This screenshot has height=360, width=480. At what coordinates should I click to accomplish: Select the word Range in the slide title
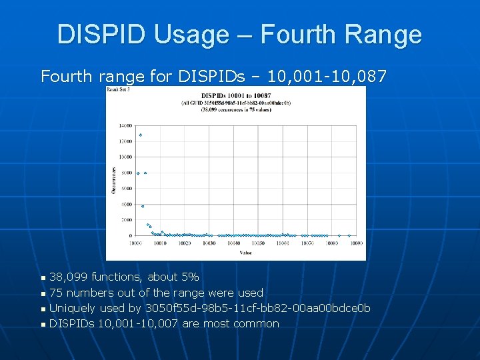[x=387, y=34]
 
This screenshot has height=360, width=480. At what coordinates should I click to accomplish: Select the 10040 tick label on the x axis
[x=233, y=243]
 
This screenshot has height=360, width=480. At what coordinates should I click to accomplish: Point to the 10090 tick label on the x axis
[x=356, y=243]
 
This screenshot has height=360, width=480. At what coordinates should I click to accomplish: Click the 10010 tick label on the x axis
[x=160, y=243]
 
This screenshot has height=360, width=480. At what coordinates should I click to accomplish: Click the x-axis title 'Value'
[x=245, y=253]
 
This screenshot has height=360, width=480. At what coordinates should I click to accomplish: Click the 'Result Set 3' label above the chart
[x=119, y=89]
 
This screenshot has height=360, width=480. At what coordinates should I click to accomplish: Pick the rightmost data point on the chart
[x=349, y=235]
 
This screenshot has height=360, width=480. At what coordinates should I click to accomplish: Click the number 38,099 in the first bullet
[x=69, y=277]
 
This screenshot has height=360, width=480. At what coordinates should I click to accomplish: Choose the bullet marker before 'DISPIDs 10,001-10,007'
[x=43, y=325]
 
